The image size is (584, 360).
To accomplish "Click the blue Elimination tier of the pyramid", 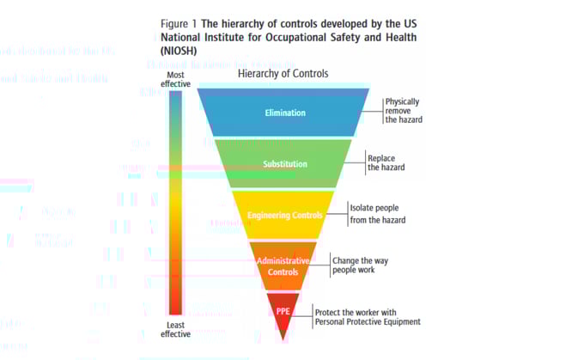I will point(283,113).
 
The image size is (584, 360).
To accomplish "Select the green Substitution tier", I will point(283,163).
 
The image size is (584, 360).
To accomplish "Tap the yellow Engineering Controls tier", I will point(283,215).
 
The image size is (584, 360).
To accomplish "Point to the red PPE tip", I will point(283,311).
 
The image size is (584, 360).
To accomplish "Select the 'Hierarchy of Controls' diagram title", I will point(283,74).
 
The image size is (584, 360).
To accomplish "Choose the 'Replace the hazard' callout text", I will point(386,163).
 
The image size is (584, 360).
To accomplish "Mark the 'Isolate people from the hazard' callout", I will point(378,214).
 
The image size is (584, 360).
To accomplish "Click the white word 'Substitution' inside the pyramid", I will point(283,163).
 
